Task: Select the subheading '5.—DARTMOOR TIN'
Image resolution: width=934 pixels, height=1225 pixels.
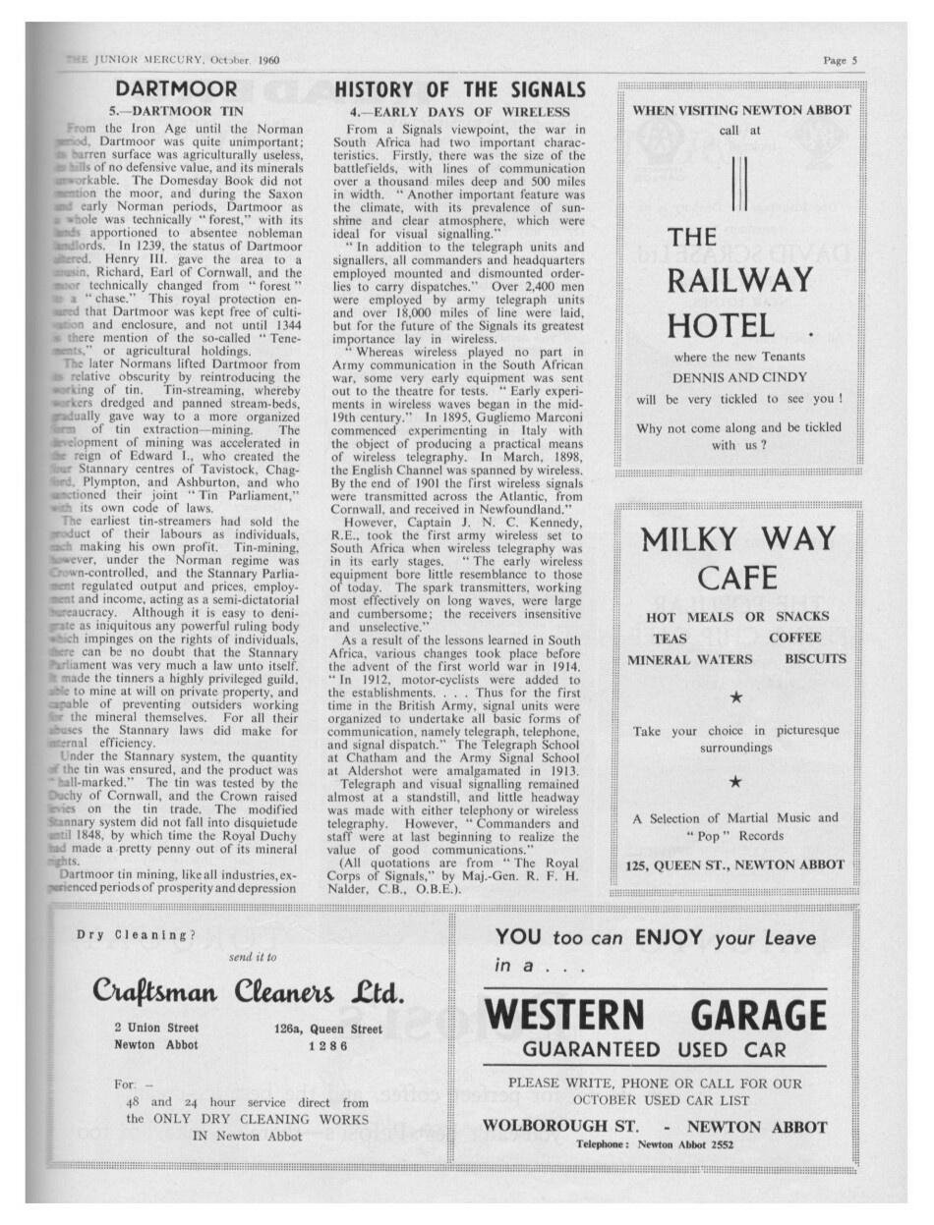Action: (x=176, y=112)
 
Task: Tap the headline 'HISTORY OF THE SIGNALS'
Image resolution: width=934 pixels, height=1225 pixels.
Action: (x=460, y=90)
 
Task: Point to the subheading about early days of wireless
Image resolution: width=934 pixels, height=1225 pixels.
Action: (x=460, y=112)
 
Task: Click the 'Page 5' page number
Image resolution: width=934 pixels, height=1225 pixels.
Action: (x=841, y=60)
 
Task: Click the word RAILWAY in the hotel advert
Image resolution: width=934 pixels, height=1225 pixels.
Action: (x=740, y=280)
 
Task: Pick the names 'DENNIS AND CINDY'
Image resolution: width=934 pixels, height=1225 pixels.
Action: (x=740, y=377)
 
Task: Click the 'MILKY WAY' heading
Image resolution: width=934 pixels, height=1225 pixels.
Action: (x=736, y=539)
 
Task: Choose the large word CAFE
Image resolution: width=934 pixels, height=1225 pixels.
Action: (x=736, y=579)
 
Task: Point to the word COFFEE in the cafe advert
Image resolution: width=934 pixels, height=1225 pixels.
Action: (x=795, y=638)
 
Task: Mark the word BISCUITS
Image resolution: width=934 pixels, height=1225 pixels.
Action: (x=815, y=659)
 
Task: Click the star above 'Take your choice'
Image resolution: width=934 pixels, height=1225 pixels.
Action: (x=736, y=696)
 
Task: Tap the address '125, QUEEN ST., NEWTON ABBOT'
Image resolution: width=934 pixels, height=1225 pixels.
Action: (x=735, y=864)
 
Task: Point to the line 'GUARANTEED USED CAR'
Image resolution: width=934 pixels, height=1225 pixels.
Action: (x=654, y=1049)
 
